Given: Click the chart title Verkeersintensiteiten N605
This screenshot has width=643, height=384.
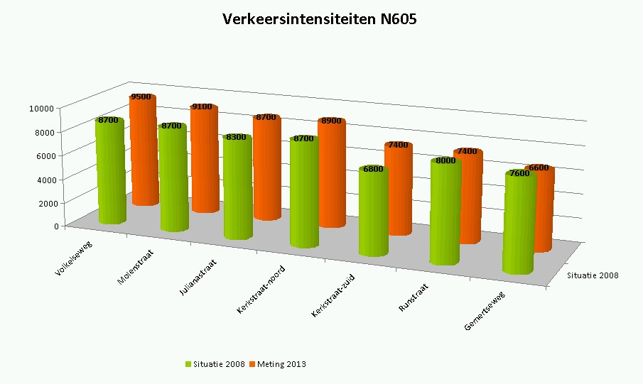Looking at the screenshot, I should [x=320, y=19].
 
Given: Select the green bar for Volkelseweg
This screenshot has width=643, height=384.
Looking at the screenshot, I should [x=112, y=174].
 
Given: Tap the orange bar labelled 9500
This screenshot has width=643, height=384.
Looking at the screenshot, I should [x=142, y=153].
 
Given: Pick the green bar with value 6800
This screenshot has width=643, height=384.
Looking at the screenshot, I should [x=373, y=213].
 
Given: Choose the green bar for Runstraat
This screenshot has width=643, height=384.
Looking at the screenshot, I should [x=444, y=213].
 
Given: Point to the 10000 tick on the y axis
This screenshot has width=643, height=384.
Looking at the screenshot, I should [x=42, y=108].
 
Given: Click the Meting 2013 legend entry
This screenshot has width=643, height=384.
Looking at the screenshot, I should [x=280, y=364].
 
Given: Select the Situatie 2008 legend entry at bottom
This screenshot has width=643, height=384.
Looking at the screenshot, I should [x=215, y=364].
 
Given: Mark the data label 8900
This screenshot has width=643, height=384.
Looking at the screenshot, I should [x=330, y=121].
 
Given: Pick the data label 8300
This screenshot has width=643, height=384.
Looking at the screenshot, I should [x=236, y=137].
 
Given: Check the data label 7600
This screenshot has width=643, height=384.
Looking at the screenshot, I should [x=519, y=173].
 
